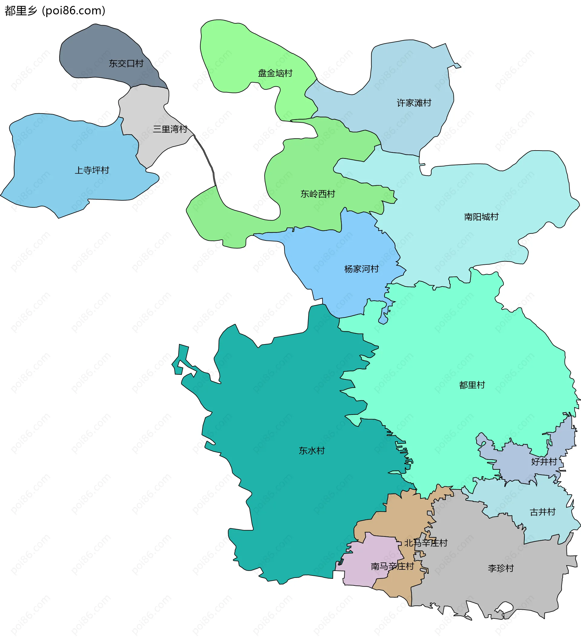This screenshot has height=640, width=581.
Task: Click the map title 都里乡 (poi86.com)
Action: pos(55,11)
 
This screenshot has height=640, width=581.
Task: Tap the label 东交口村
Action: pos(126,64)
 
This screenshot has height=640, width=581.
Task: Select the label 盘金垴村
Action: pos(275,73)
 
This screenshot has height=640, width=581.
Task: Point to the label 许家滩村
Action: pos(414,103)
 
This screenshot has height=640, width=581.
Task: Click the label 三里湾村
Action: pos(170,129)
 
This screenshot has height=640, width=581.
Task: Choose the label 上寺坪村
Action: pos(92,171)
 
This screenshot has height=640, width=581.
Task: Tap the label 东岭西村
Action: pos(318,194)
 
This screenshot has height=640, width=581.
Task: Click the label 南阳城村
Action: pos(481,217)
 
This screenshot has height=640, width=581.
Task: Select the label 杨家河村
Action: pos(362,269)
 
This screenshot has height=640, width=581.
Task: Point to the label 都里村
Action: pos(472,385)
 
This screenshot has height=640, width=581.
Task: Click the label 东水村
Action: pos(311,451)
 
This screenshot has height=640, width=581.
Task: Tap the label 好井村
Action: pos(544,462)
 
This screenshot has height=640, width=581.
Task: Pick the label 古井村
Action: pos(543,512)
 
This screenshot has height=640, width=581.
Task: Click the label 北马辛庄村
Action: pos(425,543)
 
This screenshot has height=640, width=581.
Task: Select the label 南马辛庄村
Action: pos(392,566)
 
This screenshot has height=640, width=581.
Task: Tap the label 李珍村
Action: pos(501,568)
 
